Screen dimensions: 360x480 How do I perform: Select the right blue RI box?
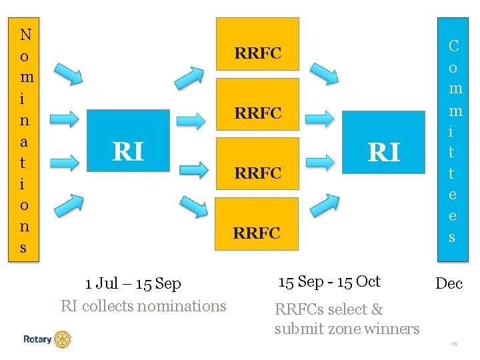[383, 141]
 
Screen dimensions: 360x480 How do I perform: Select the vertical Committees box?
[453, 139]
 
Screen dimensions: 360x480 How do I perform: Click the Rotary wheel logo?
[62, 339]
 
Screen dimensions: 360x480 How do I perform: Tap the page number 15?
[453, 344]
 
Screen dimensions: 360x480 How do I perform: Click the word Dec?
[449, 283]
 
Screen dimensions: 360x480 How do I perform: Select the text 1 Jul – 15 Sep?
[133, 284]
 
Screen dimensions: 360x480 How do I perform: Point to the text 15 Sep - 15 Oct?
[329, 281]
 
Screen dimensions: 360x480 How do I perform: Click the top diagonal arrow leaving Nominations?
[68, 74]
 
